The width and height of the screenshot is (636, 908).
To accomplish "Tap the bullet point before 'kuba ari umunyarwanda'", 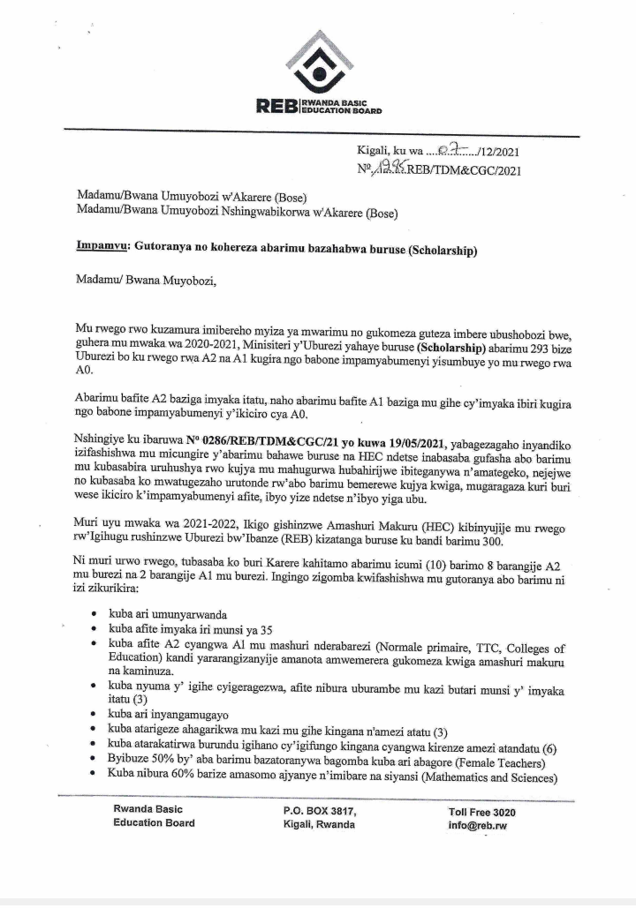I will pos(95,613).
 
